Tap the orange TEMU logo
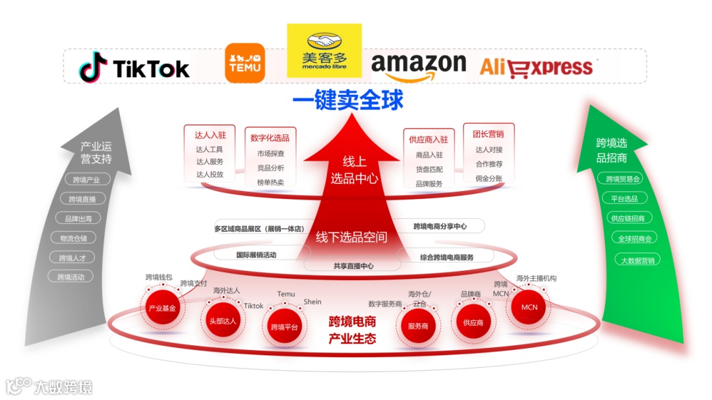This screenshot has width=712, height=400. pyautogui.click(x=245, y=63)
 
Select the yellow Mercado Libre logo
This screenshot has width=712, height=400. pyautogui.click(x=324, y=51)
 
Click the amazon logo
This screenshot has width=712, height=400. pyautogui.click(x=418, y=66)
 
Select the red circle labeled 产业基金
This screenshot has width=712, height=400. pyautogui.click(x=162, y=308)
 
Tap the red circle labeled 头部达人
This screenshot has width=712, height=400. pyautogui.click(x=222, y=320)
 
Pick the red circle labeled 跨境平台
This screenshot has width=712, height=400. pyautogui.click(x=284, y=326)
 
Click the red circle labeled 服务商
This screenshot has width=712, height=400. pyautogui.click(x=418, y=326)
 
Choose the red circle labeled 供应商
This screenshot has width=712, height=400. pyautogui.click(x=473, y=322)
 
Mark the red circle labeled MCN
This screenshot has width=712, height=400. pyautogui.click(x=529, y=307)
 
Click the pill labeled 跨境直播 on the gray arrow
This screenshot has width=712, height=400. pyautogui.click(x=82, y=199)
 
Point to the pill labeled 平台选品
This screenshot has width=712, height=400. pyautogui.click(x=624, y=198)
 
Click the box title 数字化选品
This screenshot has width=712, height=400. pyautogui.click(x=270, y=138)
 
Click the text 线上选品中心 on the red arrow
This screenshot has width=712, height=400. pyautogui.click(x=353, y=169)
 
